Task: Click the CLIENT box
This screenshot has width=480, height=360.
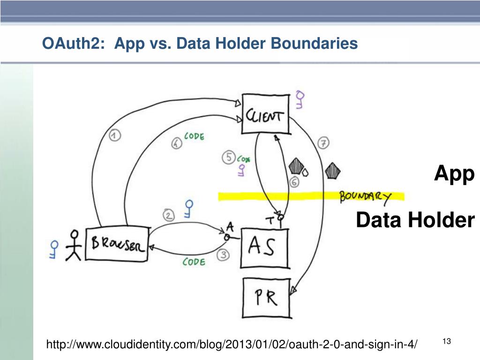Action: [x=265, y=114]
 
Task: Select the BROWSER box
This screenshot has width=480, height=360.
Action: [x=117, y=244]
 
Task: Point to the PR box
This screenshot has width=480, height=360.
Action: [x=266, y=298]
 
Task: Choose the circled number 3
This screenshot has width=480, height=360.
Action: [x=224, y=255]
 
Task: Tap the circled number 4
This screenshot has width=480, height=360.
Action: [x=176, y=144]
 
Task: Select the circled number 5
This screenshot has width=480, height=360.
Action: [x=229, y=158]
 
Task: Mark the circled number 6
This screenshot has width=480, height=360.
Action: [x=294, y=183]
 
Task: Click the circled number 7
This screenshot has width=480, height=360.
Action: [x=323, y=143]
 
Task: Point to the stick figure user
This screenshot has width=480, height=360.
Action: [x=73, y=245]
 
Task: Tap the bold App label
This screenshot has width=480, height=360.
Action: [x=454, y=173]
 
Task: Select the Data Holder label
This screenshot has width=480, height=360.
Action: [x=415, y=220]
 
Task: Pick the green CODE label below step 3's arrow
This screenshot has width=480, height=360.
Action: [x=194, y=262]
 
